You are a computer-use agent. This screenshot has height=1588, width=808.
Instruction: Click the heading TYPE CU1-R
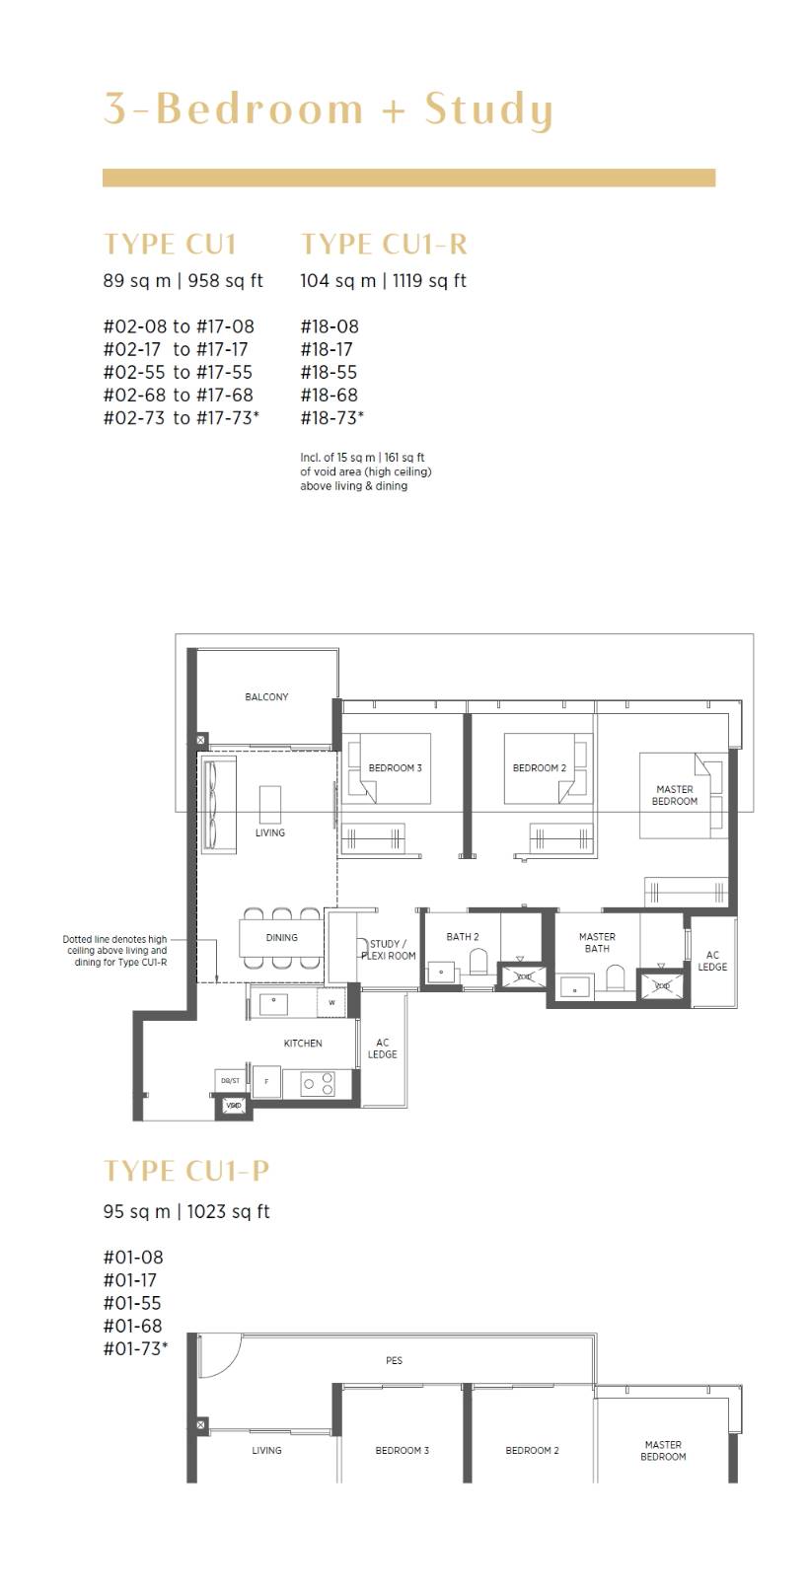(384, 244)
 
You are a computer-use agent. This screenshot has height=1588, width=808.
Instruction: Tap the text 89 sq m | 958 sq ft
(184, 281)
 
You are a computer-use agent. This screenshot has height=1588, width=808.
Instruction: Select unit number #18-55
(329, 372)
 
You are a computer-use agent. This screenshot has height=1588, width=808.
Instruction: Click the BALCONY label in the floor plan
(266, 697)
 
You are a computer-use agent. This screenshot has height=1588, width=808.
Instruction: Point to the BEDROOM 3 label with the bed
(396, 767)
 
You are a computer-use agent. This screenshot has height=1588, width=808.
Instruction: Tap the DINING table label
(281, 937)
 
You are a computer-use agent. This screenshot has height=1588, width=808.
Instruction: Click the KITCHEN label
(303, 1043)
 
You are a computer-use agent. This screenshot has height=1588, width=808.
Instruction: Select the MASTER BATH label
(597, 942)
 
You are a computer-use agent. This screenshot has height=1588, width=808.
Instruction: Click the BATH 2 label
(463, 936)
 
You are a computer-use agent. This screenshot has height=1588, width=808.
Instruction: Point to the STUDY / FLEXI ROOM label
(388, 950)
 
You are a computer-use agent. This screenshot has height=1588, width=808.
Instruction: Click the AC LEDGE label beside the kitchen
(383, 1048)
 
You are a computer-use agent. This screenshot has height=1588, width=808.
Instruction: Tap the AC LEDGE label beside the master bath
(712, 961)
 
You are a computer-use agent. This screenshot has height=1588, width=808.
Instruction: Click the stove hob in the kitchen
(317, 1083)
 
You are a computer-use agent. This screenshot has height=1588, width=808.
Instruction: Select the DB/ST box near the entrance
(230, 1080)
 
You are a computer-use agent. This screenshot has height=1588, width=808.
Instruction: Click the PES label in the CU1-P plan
(395, 1360)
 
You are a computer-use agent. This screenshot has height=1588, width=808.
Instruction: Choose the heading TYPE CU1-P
(186, 1171)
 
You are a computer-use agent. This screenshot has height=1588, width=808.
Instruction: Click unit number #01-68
(132, 1326)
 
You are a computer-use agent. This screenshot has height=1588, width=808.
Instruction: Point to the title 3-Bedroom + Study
(328, 109)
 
